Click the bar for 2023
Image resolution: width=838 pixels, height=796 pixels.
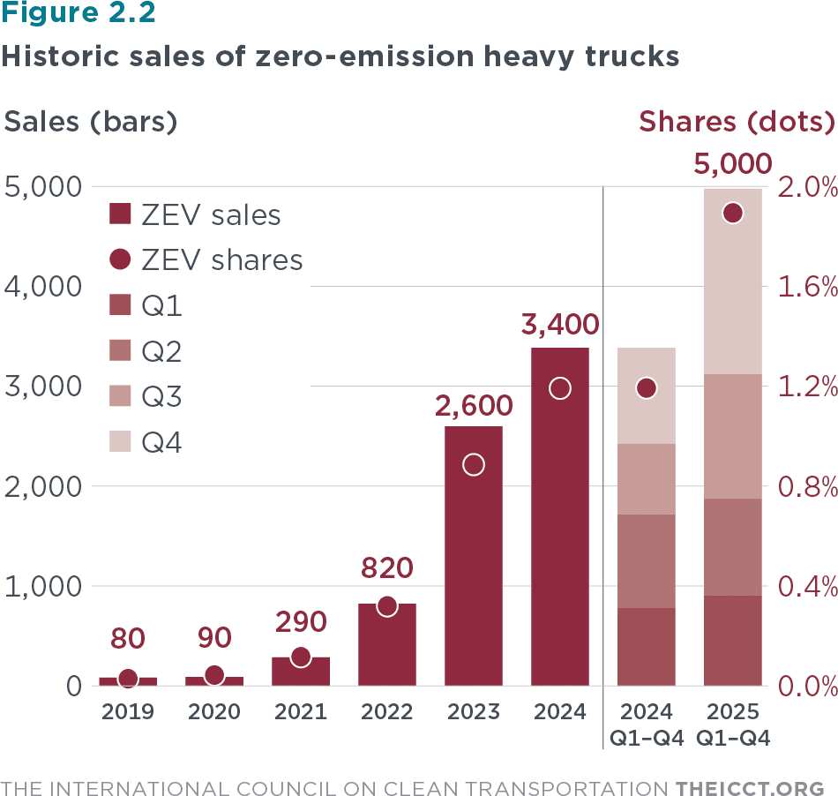point(474,556)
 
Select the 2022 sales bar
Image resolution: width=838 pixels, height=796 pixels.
point(387,644)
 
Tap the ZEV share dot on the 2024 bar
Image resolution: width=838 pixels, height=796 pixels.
point(559,388)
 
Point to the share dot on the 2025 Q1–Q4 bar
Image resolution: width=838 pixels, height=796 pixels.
point(732,213)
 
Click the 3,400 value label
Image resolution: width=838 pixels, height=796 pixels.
point(559,324)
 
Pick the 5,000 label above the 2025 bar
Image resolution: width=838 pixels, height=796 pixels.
point(732,165)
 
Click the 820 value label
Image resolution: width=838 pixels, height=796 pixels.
point(386,568)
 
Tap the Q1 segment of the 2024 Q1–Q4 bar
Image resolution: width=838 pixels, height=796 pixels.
point(646,646)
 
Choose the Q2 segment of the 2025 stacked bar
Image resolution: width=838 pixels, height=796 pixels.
point(732,547)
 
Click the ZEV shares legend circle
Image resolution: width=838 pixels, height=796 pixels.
point(120,259)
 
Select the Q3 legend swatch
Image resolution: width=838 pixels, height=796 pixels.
point(120,396)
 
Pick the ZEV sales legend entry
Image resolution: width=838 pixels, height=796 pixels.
point(194,214)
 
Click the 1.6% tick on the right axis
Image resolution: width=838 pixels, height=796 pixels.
point(804,287)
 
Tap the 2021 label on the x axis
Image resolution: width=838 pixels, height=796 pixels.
point(301,711)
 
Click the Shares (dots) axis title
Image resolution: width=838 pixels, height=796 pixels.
point(737,122)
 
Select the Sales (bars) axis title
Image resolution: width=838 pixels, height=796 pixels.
point(91,122)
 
